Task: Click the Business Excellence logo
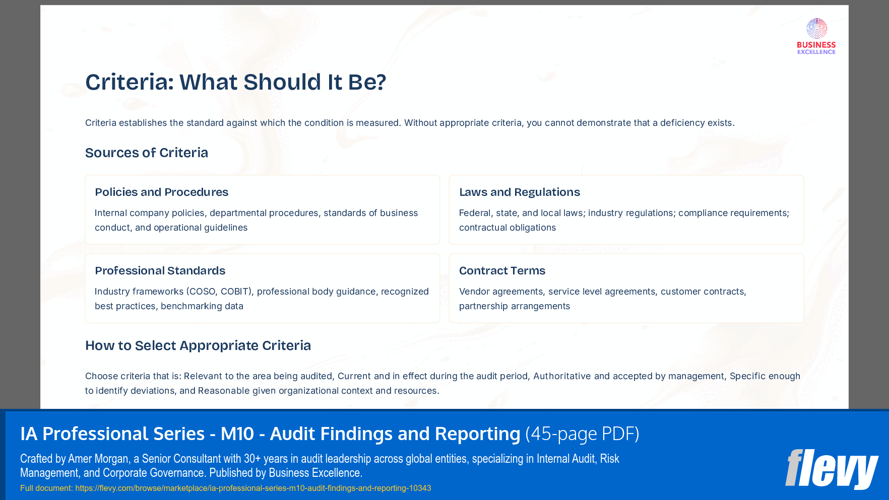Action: click(816, 36)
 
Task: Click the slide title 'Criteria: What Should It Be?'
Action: click(235, 82)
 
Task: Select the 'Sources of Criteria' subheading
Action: click(146, 153)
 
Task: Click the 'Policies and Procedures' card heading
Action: click(161, 192)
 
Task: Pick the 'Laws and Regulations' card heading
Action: click(519, 192)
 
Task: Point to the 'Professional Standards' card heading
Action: click(160, 270)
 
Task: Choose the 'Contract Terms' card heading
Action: click(502, 270)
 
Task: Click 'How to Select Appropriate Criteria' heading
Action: click(198, 345)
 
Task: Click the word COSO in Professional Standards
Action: click(203, 292)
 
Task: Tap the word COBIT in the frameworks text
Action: click(235, 292)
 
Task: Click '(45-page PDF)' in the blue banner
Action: click(582, 434)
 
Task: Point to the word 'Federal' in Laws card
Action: click(474, 213)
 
